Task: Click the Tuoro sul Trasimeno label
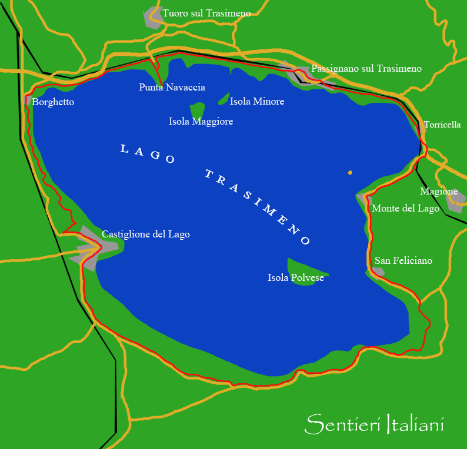point(206,13)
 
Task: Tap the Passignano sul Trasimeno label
point(366,69)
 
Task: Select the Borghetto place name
point(53,102)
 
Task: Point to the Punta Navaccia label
point(172,88)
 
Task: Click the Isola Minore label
point(256,102)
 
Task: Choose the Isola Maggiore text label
point(201,122)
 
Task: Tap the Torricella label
point(442,125)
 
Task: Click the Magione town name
point(439,192)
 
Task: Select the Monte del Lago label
point(405,209)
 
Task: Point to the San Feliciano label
point(403,260)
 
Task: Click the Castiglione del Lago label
point(145,234)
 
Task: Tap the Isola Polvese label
point(295,278)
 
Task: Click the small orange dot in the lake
point(350,173)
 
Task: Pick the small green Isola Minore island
point(224,98)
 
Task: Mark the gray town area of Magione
point(456,200)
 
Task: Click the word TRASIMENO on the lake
point(257,207)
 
